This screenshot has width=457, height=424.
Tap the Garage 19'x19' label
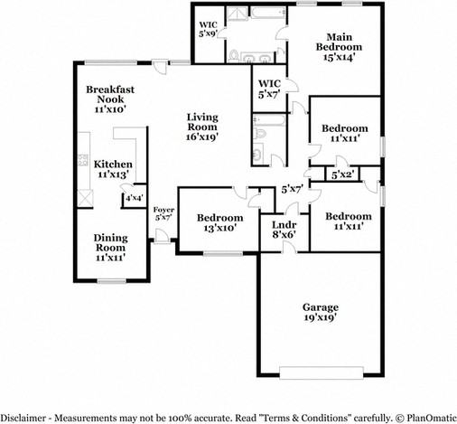tap(320, 313)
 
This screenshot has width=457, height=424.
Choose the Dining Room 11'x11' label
tap(110, 247)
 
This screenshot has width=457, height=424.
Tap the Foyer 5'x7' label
tap(163, 213)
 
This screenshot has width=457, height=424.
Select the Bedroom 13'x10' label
tap(220, 222)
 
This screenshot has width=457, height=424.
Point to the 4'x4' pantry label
tap(134, 198)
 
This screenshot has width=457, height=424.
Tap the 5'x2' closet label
tap(342, 174)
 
